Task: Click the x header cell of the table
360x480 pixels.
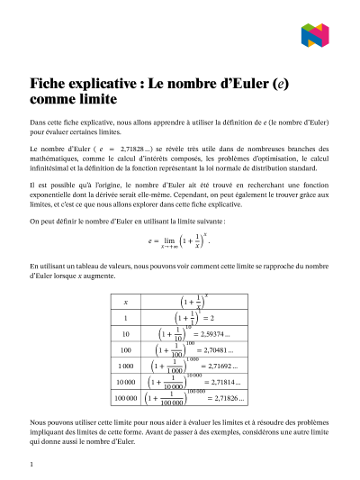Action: pos(125,303)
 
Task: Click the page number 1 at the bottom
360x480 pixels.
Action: pos(31,464)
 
